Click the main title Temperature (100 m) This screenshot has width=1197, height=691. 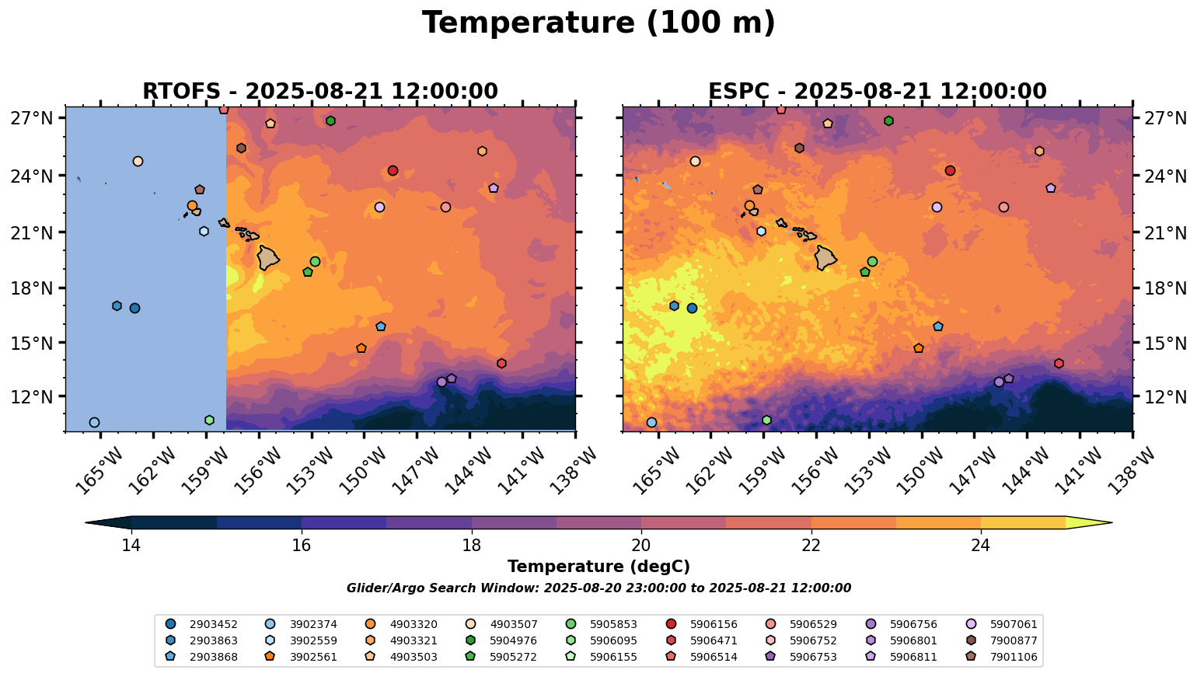(598, 23)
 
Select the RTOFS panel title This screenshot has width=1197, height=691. (319, 92)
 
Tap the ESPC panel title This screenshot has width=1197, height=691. (878, 92)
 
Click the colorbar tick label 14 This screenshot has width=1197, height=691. (131, 546)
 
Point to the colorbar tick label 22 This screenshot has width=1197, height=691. (811, 546)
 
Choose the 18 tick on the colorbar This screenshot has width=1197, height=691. (471, 546)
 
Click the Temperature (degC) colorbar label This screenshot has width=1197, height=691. (598, 567)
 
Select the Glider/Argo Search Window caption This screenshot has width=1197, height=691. (598, 588)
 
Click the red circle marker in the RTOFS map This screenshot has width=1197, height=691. (393, 171)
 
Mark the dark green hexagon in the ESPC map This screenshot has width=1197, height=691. (888, 121)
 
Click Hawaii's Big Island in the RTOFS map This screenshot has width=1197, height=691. (269, 258)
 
